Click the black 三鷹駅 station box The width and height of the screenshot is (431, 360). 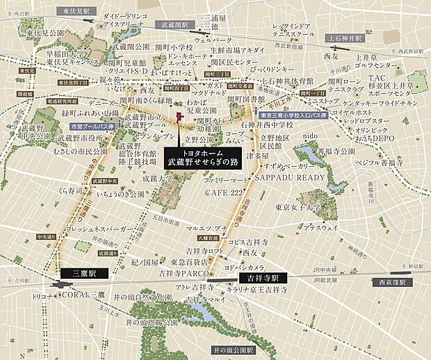pos(81,274)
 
